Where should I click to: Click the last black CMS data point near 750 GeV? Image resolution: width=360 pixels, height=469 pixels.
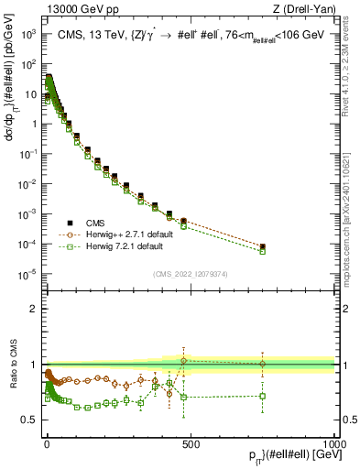pyautogui.click(x=263, y=246)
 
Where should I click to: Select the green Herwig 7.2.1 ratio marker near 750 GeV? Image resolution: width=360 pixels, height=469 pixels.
pyautogui.click(x=263, y=396)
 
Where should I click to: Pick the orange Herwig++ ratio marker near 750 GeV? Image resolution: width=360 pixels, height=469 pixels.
pyautogui.click(x=263, y=364)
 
